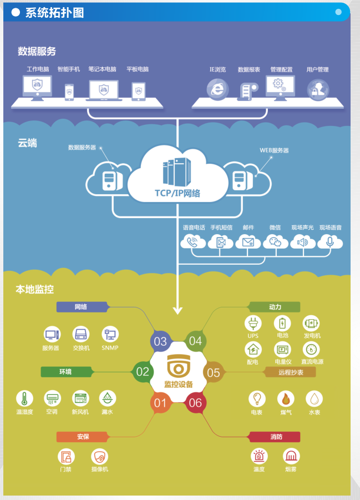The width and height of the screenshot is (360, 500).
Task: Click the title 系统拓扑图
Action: point(54,13)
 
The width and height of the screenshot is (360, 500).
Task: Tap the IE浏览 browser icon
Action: point(217,89)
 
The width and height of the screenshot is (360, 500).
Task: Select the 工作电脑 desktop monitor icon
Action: point(37,87)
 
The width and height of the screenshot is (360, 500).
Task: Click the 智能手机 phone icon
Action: point(69,92)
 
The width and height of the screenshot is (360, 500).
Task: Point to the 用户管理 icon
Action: point(318,89)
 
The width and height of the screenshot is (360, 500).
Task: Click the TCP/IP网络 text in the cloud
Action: point(178,194)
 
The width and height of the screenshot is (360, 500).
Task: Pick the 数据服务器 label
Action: point(82,148)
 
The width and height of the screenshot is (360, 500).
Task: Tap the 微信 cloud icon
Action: point(275,242)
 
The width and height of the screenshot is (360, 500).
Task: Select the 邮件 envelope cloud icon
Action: point(248,242)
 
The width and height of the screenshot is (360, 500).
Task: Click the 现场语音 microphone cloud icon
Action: point(331,242)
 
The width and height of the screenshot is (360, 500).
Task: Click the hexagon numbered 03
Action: point(160,341)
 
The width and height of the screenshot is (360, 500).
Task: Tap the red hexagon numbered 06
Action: point(195,403)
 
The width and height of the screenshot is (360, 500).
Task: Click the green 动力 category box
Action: point(274,307)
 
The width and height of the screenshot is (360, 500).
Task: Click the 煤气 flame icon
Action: point(286,399)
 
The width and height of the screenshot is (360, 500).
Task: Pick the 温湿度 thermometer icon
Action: point(24,398)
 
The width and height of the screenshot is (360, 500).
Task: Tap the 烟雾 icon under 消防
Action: point(291,457)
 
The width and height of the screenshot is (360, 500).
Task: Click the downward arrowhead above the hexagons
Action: point(178,310)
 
